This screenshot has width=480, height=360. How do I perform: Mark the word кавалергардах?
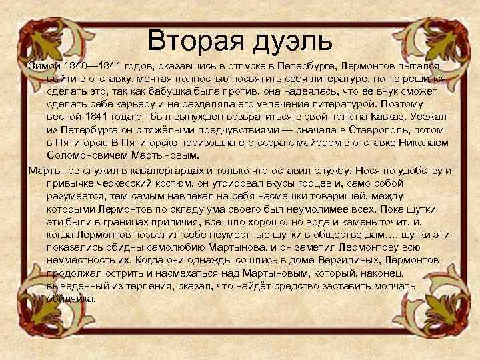tap(155, 171)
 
